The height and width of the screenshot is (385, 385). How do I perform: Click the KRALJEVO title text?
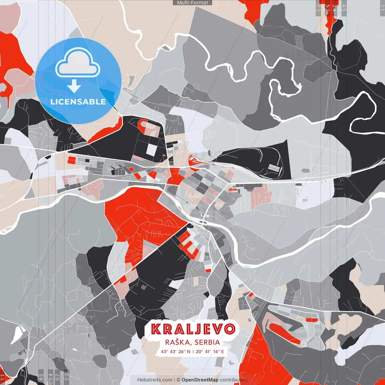click(x=193, y=329)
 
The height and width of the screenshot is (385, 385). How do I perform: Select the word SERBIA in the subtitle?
click(x=207, y=342)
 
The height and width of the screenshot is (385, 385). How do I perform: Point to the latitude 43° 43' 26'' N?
click(x=176, y=351)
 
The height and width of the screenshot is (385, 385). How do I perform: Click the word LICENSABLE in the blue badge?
click(x=78, y=102)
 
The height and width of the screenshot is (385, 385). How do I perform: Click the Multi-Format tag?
click(x=192, y=3)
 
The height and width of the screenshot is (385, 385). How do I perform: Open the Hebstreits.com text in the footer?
click(x=155, y=380)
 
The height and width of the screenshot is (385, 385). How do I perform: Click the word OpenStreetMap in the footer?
click(x=200, y=380)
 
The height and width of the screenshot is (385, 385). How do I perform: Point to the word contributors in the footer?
click(x=234, y=380)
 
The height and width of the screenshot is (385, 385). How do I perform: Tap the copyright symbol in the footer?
click(x=178, y=380)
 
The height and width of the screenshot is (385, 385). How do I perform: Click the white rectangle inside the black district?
click(x=152, y=149)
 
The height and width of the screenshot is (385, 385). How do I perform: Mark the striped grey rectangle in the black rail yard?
click(x=274, y=167)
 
